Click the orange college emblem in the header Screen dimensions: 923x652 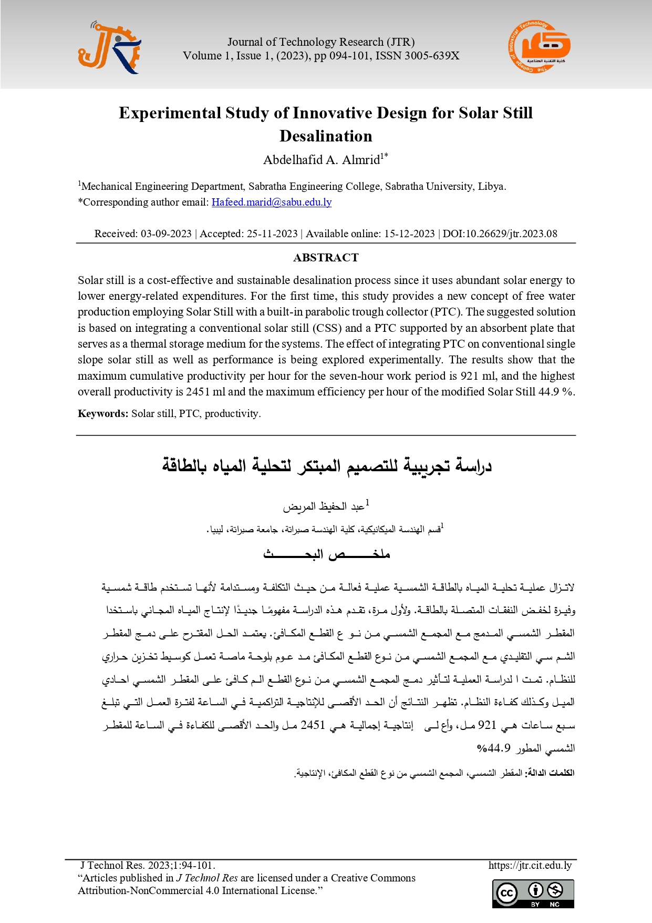pyautogui.click(x=539, y=47)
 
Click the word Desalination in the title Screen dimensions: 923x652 pyautogui.click(x=326, y=136)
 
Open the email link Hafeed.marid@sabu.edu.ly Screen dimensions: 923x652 pyautogui.click(x=271, y=202)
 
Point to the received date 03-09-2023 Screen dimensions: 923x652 pyautogui.click(x=166, y=234)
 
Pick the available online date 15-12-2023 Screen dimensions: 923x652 pyautogui.click(x=409, y=234)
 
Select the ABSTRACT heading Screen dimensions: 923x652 pyautogui.click(x=326, y=258)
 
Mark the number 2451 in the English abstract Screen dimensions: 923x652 pyautogui.click(x=198, y=392)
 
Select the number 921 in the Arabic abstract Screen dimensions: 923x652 pyautogui.click(x=487, y=725)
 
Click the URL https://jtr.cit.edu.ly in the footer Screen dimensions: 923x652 pyautogui.click(x=530, y=865)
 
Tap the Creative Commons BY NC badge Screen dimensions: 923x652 pyautogui.click(x=533, y=894)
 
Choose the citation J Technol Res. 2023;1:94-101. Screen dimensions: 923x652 pyautogui.click(x=148, y=865)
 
